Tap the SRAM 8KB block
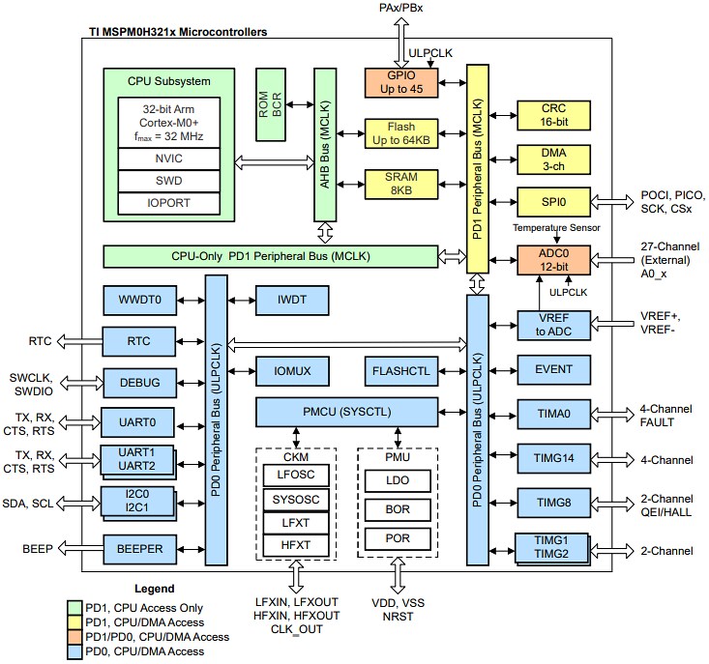coord(400,185)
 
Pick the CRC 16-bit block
coord(552,115)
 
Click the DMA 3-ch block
coord(552,159)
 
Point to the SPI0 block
coord(552,202)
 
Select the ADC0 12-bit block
coord(552,259)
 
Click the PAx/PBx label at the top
coord(399,9)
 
